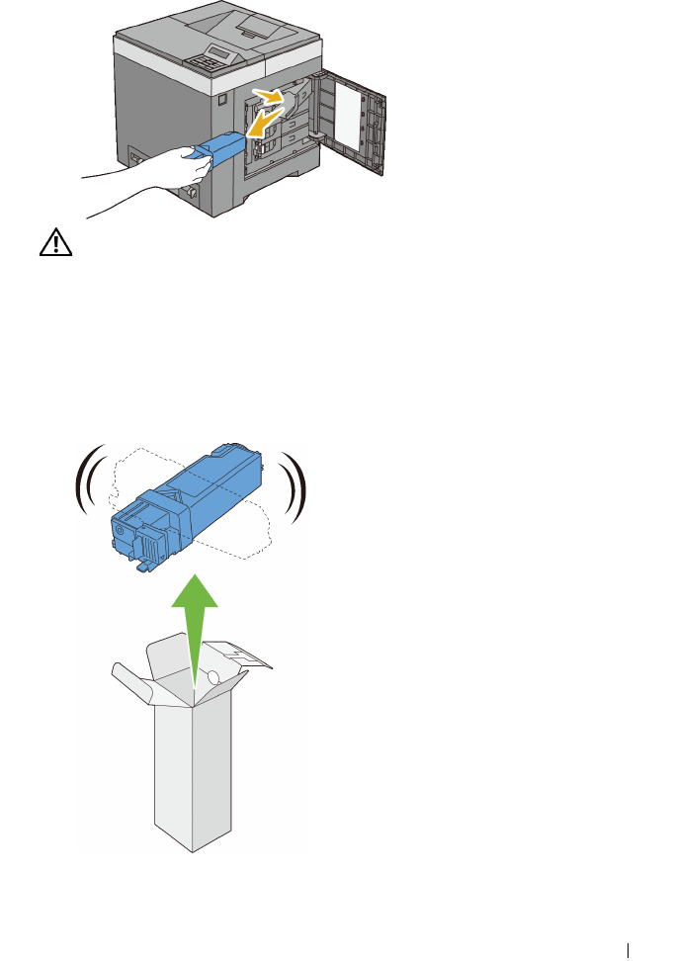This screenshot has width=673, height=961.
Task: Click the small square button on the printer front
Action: pos(223,99)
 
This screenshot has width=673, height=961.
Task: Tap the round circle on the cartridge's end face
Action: pos(121,530)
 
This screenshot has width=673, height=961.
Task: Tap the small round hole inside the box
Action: pos(211,678)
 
